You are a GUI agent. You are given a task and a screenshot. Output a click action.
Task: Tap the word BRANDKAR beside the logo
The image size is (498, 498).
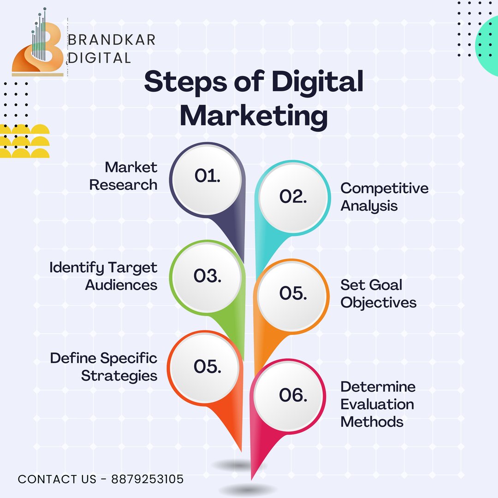112,40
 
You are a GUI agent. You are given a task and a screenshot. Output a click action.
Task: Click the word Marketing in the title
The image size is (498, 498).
254,117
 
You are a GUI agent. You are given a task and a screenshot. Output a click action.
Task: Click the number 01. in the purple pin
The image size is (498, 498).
207,176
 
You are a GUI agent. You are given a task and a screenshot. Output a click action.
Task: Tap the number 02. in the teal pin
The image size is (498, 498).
293,196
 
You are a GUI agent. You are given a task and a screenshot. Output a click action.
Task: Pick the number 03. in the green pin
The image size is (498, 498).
207,276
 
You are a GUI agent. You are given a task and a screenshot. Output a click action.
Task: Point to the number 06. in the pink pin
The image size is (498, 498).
293,395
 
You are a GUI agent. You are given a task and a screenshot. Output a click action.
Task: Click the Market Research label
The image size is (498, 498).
123,176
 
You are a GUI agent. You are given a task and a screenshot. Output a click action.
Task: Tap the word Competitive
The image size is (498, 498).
384,188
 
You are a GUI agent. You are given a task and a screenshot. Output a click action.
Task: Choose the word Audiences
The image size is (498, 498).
121,285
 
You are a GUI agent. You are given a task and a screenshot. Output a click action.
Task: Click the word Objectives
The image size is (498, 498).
378,302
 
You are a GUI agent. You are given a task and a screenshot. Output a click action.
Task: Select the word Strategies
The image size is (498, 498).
119,376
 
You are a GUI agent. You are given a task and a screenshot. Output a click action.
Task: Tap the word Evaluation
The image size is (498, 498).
377,404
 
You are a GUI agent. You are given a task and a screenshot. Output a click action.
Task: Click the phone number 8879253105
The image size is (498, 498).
148,479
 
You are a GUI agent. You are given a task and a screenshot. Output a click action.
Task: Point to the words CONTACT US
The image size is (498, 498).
57,479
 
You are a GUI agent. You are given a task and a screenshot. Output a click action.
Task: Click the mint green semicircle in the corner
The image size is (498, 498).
487,45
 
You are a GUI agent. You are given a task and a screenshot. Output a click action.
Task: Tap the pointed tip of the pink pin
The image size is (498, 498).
252,479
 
